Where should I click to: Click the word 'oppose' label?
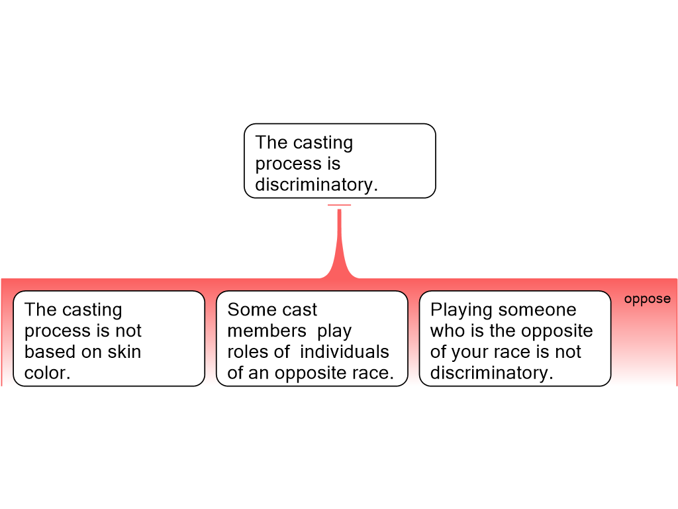(x=648, y=299)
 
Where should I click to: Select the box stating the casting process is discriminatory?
(x=340, y=161)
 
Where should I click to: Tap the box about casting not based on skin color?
(x=109, y=339)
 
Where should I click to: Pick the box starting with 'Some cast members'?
(x=312, y=339)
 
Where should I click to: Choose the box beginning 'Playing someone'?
(x=515, y=339)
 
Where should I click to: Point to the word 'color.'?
(x=47, y=372)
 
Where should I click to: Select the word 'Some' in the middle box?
(x=248, y=310)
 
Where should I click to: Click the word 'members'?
(x=267, y=331)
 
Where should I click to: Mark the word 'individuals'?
(x=344, y=351)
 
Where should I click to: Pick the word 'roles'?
(x=248, y=351)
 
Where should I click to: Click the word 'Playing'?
(x=461, y=310)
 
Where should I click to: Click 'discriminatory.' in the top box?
(x=316, y=184)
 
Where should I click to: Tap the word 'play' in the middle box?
(x=334, y=331)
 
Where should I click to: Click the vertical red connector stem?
(x=340, y=243)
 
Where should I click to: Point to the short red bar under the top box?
(x=340, y=205)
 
